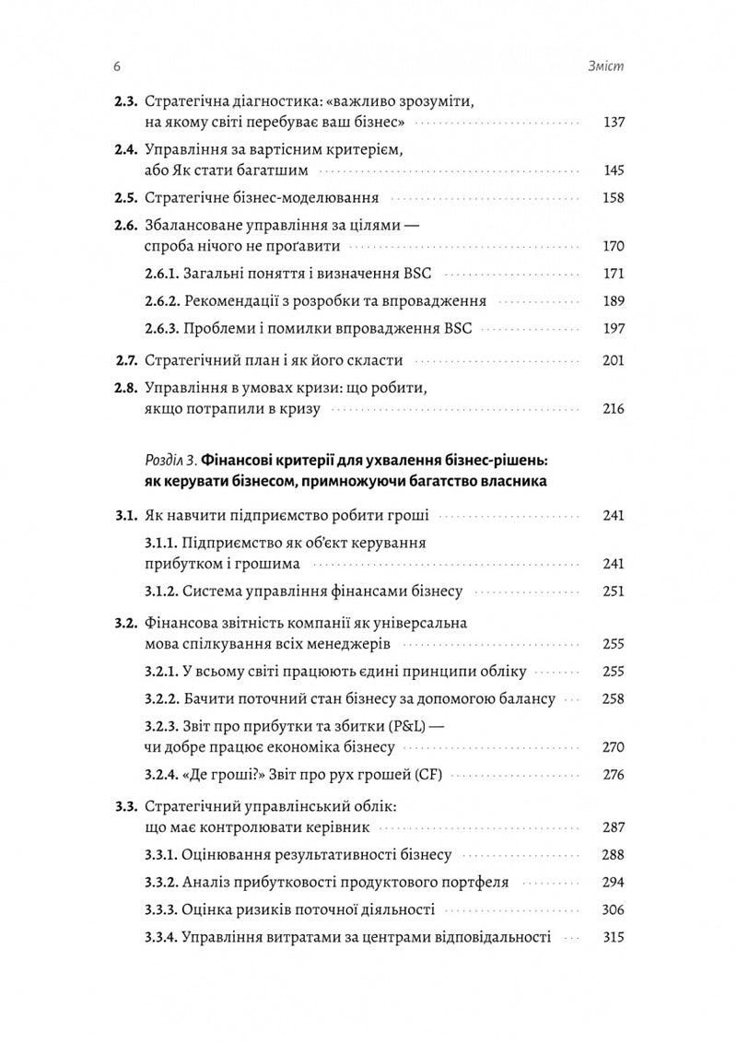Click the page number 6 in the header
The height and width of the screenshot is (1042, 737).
click(116, 67)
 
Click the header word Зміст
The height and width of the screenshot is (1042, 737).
click(606, 67)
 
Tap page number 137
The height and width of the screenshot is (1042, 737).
click(612, 123)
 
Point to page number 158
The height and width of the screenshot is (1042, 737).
click(612, 197)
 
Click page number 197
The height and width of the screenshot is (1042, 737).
click(612, 328)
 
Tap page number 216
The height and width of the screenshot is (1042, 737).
click(612, 409)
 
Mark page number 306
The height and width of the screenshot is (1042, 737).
click(612, 909)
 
